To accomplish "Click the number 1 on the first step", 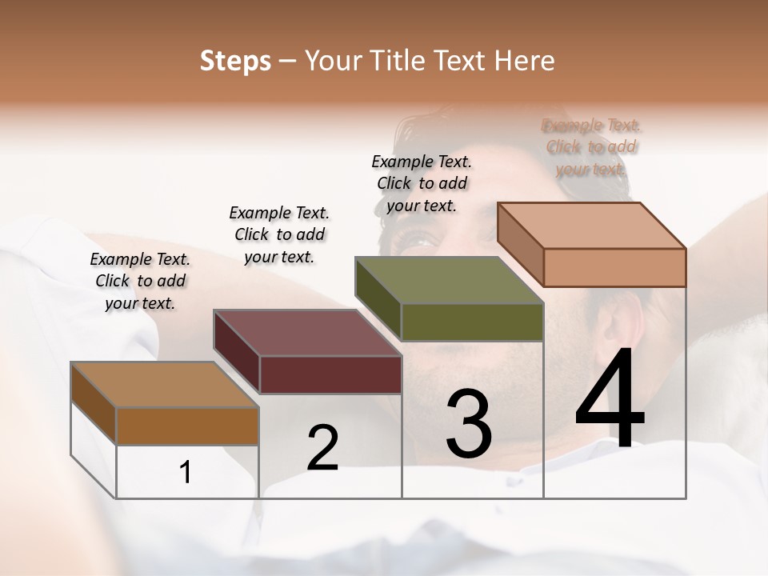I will click(186, 473).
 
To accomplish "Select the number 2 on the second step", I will click(322, 447).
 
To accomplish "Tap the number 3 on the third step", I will click(469, 423).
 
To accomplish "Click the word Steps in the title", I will click(235, 61).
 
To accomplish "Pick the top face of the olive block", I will click(449, 281).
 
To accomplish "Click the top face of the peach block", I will click(592, 226).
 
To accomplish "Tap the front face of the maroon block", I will click(330, 374).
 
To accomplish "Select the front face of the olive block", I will click(472, 322).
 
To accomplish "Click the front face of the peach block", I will click(614, 267).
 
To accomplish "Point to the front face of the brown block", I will click(188, 426).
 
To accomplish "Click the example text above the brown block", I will click(140, 281).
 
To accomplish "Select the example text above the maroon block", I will click(279, 234).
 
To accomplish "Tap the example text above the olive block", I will click(422, 183).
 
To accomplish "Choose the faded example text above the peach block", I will click(591, 147).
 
